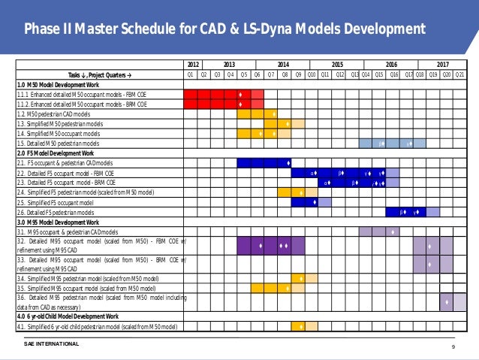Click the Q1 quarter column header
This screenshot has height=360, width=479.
point(191,74)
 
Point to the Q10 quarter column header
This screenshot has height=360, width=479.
point(312,74)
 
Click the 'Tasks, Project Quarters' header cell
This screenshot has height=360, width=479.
point(99,74)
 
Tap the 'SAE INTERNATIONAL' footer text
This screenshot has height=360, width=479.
point(51,343)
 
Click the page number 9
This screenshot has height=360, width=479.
point(453,346)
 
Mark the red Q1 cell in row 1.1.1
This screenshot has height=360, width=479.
point(191,94)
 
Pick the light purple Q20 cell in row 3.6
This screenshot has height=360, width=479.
point(446,302)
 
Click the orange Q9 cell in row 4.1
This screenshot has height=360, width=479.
point(298,326)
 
